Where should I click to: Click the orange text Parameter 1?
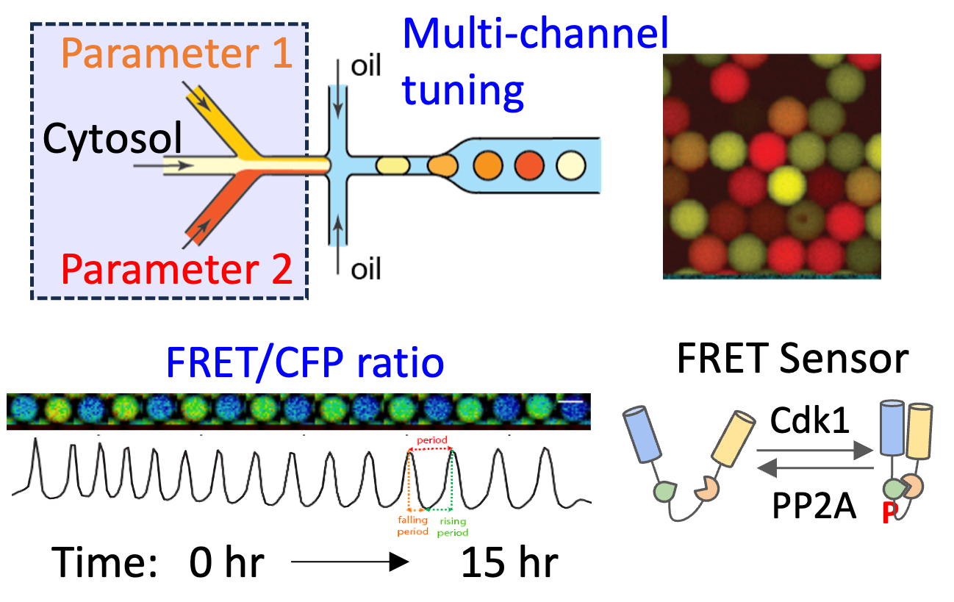(177, 53)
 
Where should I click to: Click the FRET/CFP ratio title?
(305, 362)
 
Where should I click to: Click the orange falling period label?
(413, 526)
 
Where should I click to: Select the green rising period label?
(453, 527)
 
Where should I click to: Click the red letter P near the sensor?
(889, 514)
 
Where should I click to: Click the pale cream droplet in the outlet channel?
(571, 165)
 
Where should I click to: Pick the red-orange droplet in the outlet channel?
(529, 165)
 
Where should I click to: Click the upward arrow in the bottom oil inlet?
(337, 232)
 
